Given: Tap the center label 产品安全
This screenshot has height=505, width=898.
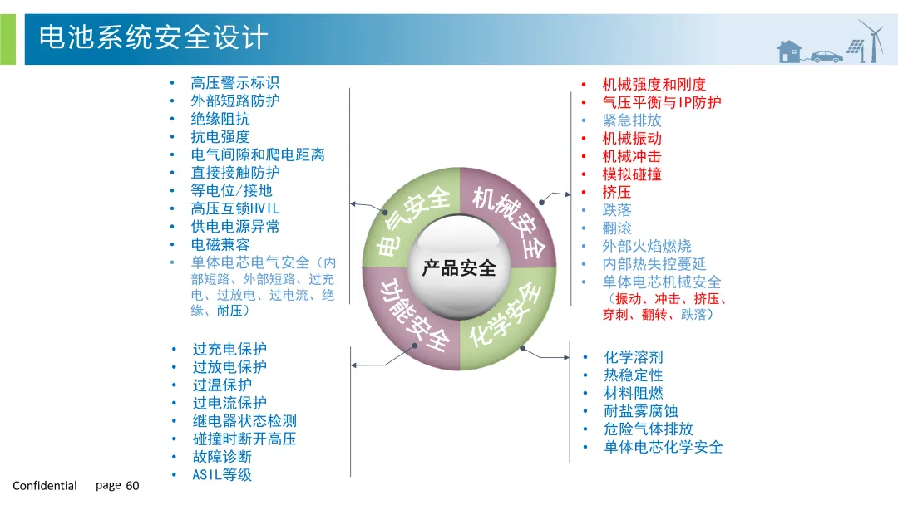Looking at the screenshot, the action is [459, 268].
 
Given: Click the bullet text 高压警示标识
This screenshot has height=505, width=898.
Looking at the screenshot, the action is [235, 83].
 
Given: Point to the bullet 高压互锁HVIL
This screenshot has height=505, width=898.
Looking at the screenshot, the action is [235, 209].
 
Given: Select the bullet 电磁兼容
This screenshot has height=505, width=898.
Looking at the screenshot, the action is [220, 245].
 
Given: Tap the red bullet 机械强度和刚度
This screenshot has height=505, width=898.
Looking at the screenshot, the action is [654, 85].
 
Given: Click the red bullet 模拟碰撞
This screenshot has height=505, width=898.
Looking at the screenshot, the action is [632, 174].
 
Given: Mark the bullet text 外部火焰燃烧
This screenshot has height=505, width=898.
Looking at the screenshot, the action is [647, 246].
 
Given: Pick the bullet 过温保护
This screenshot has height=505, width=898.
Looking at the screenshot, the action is [222, 385].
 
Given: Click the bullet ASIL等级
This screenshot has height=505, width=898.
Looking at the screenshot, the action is [222, 475].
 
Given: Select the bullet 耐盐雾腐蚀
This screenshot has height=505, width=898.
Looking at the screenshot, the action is [641, 411].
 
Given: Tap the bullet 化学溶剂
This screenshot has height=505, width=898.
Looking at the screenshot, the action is [634, 357].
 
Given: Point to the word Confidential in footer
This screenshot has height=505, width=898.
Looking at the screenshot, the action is [45, 486].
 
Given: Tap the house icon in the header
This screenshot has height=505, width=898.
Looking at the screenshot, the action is [789, 51].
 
